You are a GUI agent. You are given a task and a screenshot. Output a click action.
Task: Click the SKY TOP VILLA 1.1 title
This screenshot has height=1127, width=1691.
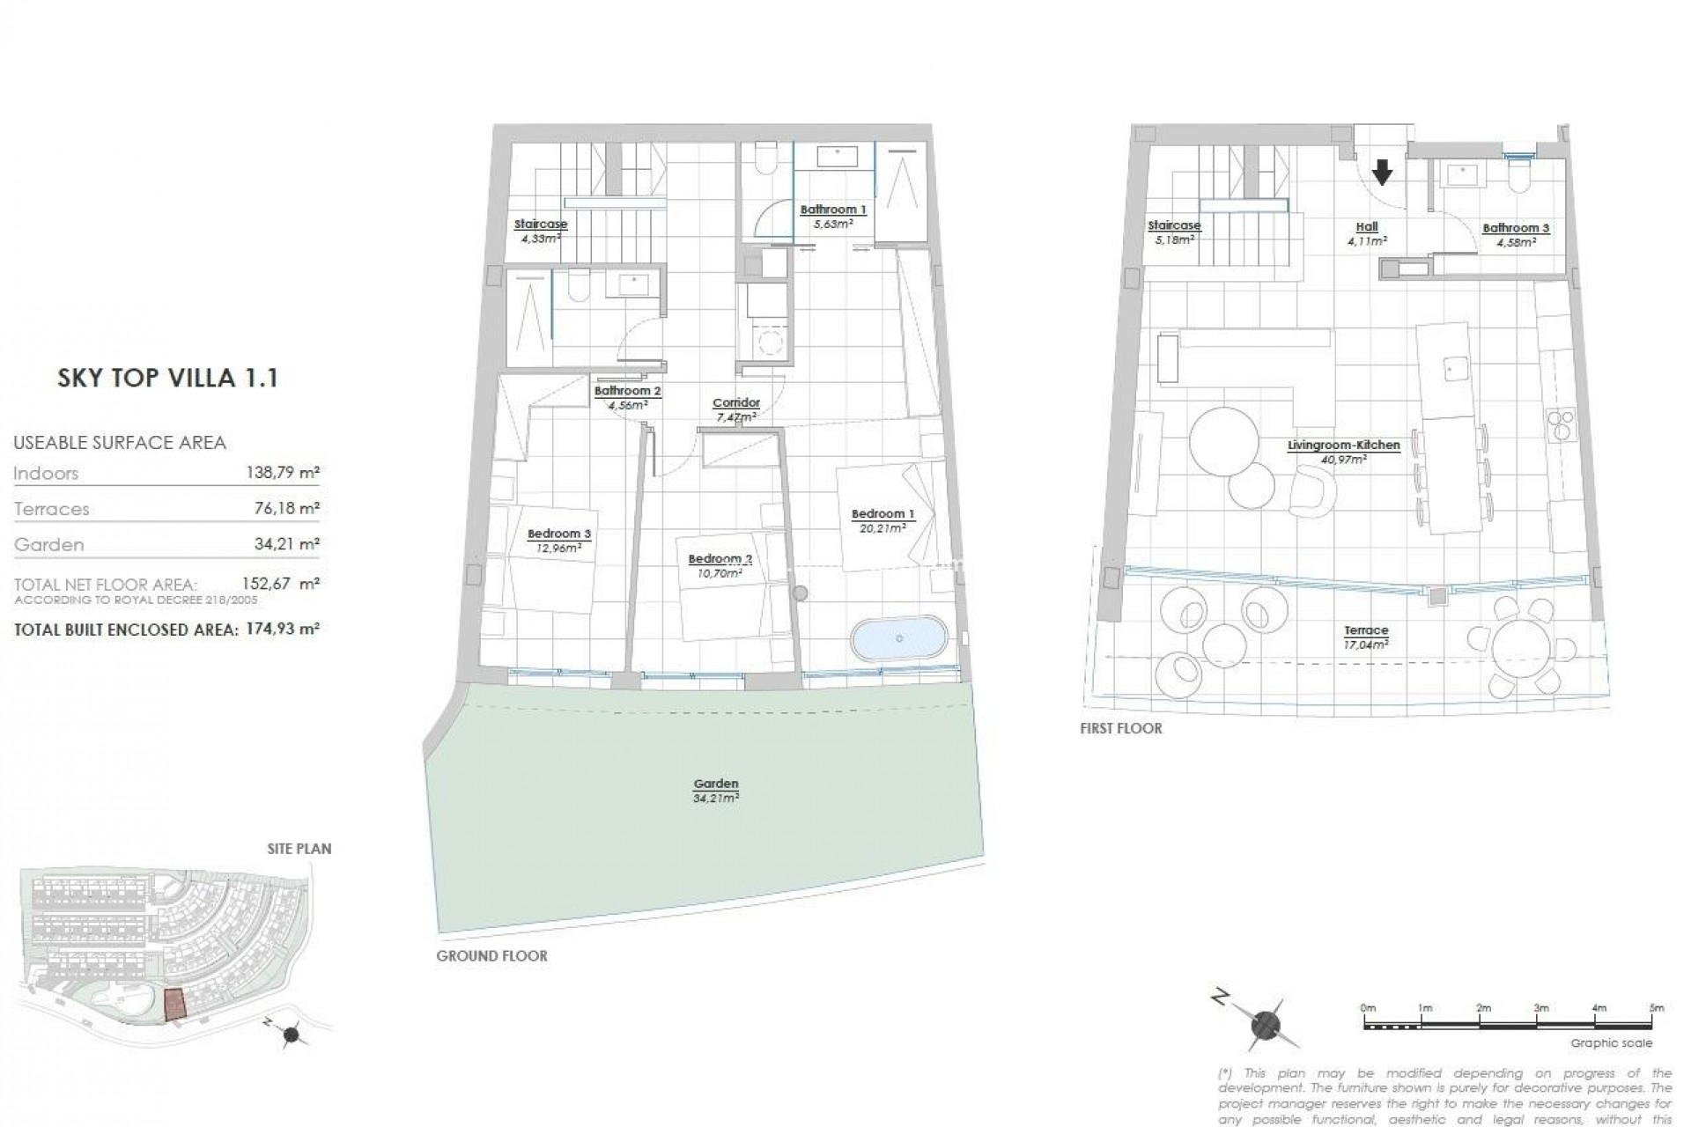[x=167, y=379]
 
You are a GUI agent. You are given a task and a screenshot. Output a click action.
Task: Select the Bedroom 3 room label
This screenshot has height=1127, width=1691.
[x=558, y=534]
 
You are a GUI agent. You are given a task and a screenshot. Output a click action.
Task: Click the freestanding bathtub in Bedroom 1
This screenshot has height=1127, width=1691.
[x=899, y=638]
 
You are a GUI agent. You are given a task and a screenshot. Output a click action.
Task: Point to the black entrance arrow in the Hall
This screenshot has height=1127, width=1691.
[x=1383, y=172]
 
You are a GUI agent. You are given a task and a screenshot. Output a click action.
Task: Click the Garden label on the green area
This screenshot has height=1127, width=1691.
[x=715, y=784]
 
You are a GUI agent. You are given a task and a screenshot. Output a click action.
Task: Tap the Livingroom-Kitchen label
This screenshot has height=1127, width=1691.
[x=1343, y=446]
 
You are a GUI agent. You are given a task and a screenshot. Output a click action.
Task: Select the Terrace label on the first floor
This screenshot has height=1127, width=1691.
[x=1366, y=630]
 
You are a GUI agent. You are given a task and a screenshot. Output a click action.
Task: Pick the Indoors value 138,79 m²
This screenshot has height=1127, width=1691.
[x=282, y=473]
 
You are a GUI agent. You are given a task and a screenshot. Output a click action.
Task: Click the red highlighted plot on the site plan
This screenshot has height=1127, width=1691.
[x=176, y=1004]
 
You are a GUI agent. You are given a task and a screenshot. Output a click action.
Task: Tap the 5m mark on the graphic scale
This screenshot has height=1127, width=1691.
[x=1656, y=1008]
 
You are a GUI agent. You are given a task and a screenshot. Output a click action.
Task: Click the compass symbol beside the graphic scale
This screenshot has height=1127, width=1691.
[x=1265, y=1024]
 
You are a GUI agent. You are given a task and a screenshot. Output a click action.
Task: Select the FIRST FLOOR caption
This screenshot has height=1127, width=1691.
[x=1121, y=729]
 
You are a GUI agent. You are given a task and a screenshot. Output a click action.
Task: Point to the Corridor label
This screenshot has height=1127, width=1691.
[x=735, y=403]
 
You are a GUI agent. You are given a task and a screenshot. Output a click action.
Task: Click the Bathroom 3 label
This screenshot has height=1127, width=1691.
[x=1516, y=228]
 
